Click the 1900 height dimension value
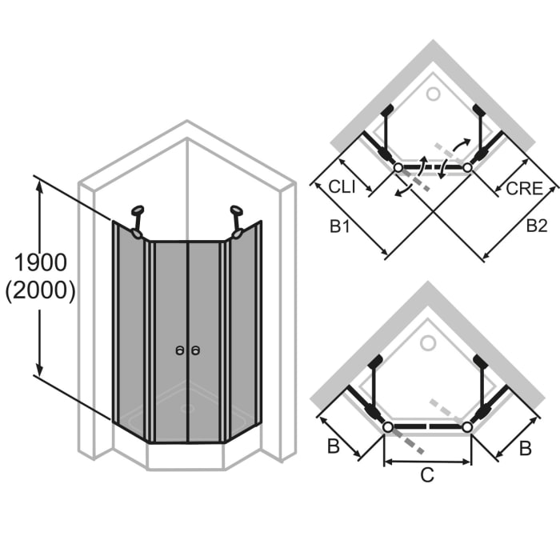click(x=40, y=263)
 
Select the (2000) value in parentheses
click(x=40, y=292)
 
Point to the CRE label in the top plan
click(x=524, y=190)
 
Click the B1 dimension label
click(x=341, y=227)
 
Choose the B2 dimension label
click(x=536, y=226)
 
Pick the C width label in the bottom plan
click(x=427, y=474)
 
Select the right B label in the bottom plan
click(x=524, y=448)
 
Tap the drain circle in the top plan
click(x=434, y=94)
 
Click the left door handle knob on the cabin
click(x=180, y=350)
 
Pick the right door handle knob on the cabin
click(x=196, y=350)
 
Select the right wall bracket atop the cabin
click(x=237, y=222)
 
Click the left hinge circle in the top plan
click(x=398, y=168)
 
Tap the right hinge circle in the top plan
click(x=467, y=168)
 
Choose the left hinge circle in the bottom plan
click(x=388, y=427)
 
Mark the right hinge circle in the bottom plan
click(x=467, y=427)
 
